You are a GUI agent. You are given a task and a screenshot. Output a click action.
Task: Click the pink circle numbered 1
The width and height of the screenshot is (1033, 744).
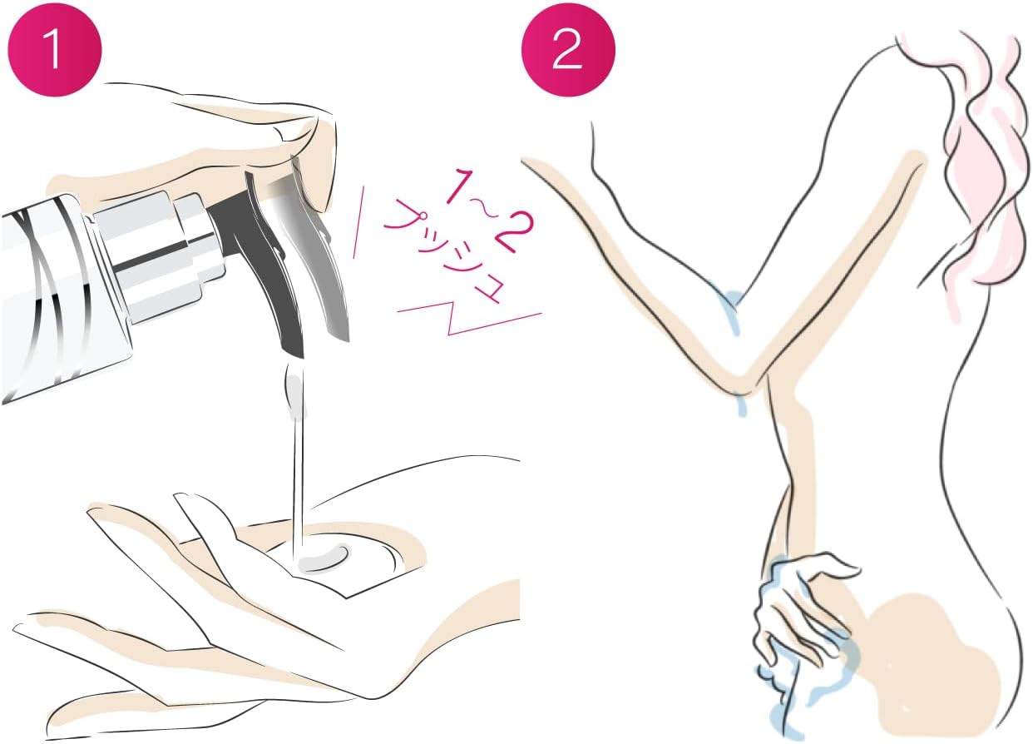[x=55, y=49]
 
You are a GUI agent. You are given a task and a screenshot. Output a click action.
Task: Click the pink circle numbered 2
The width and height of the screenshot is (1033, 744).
[x=568, y=49]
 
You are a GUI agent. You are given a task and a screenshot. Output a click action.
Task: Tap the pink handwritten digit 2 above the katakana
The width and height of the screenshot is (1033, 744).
[x=511, y=231]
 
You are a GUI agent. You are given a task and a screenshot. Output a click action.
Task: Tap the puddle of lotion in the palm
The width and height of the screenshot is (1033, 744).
[x=323, y=559]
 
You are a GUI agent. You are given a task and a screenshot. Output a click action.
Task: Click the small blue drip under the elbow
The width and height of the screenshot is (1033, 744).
[x=741, y=405]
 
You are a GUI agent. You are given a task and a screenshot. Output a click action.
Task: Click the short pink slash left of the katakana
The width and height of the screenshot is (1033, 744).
[x=358, y=222]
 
